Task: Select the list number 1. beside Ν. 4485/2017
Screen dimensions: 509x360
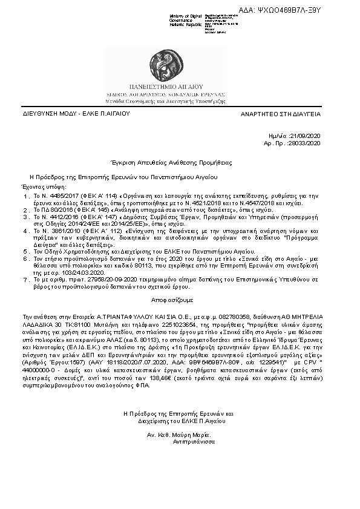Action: pos(26,197)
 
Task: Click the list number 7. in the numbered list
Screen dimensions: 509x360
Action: pos(26,280)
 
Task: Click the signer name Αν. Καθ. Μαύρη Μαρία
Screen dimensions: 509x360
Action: pos(178,436)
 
